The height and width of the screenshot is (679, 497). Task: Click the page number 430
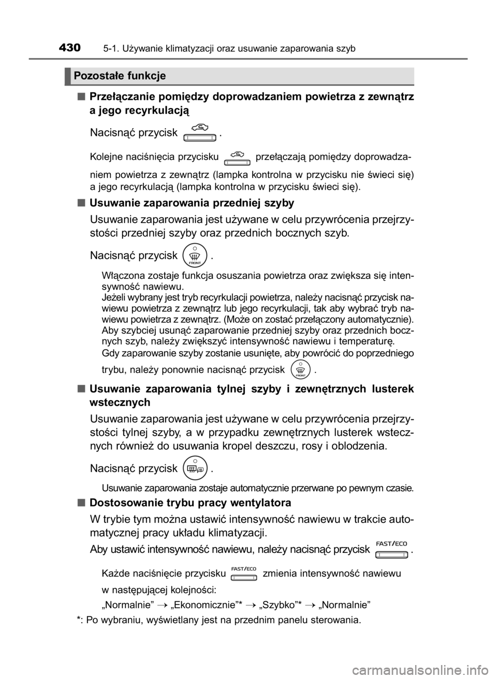[69, 48]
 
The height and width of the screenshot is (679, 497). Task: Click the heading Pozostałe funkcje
[120, 76]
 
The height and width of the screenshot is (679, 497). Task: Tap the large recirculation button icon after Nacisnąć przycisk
[200, 133]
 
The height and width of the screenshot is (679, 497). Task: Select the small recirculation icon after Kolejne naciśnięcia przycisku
[238, 158]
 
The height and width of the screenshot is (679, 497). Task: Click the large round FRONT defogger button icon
[195, 255]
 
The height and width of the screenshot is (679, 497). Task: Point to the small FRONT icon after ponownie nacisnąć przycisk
[300, 369]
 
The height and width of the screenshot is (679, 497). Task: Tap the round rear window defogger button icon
[195, 468]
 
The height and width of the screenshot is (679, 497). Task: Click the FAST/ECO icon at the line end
[391, 550]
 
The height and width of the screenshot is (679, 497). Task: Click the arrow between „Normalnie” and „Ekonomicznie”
[163, 606]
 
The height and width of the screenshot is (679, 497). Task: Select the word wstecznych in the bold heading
[120, 402]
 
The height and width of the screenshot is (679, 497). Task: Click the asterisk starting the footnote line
[79, 620]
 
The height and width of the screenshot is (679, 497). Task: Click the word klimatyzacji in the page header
[190, 49]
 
